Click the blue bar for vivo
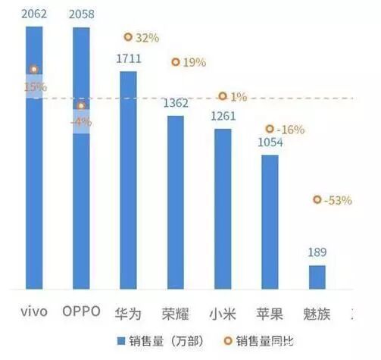(35, 189)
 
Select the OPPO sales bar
(81, 197)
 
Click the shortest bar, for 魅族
(317, 277)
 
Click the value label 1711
(129, 58)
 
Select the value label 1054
(270, 142)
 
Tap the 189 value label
(317, 253)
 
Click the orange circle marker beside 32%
(128, 37)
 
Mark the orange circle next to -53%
(317, 199)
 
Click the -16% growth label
(291, 130)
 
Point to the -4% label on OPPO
(81, 121)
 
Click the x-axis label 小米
(223, 313)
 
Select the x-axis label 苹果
(270, 313)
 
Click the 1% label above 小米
(239, 97)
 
